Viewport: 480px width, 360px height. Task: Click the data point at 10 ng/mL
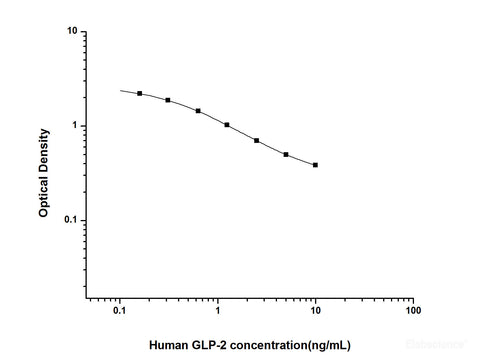click(316, 165)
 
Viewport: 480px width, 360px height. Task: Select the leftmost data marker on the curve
click(140, 93)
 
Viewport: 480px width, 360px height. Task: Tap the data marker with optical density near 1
click(227, 125)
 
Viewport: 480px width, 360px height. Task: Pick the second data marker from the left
click(168, 100)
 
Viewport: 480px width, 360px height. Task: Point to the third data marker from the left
click(198, 111)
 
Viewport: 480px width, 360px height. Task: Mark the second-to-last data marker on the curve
click(286, 155)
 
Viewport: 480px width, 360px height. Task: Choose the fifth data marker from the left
click(257, 141)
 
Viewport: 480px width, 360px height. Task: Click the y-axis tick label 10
click(73, 31)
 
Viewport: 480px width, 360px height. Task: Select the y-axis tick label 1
click(76, 125)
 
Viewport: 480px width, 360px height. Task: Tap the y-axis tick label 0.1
click(71, 220)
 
